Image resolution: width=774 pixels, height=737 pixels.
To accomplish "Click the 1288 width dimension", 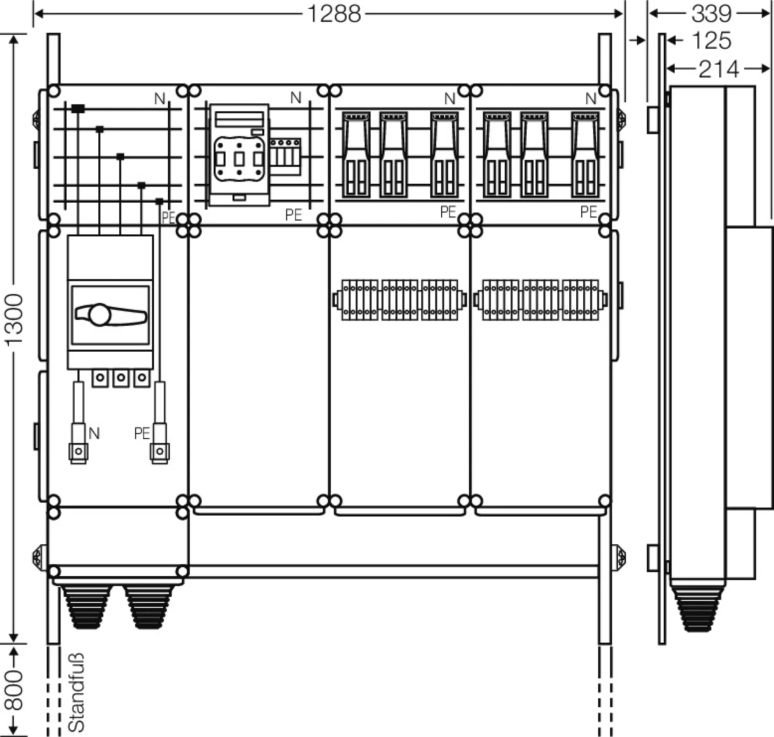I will click(x=334, y=14).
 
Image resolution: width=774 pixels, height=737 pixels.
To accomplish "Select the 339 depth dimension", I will click(x=711, y=14).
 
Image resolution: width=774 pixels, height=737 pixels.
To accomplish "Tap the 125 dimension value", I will click(x=711, y=41).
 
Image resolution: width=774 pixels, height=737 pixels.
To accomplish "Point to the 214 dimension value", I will click(x=719, y=70).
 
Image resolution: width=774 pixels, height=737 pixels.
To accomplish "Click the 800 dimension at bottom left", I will click(x=15, y=691).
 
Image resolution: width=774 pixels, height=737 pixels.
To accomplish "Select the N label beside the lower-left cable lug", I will click(x=94, y=434).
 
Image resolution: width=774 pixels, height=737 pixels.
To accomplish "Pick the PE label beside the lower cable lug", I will click(x=142, y=434).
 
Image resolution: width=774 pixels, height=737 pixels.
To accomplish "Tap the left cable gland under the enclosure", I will click(x=86, y=607).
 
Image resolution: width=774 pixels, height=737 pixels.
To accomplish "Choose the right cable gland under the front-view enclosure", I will click(x=149, y=607).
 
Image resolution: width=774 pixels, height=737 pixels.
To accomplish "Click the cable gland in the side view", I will click(x=698, y=609).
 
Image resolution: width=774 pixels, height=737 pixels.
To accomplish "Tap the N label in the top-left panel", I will click(x=159, y=99).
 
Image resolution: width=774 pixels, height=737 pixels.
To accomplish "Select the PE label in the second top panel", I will click(x=293, y=215).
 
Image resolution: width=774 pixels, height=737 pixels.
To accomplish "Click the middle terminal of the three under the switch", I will click(x=121, y=378).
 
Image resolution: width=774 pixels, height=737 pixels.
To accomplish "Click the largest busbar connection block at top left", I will click(x=78, y=109).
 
